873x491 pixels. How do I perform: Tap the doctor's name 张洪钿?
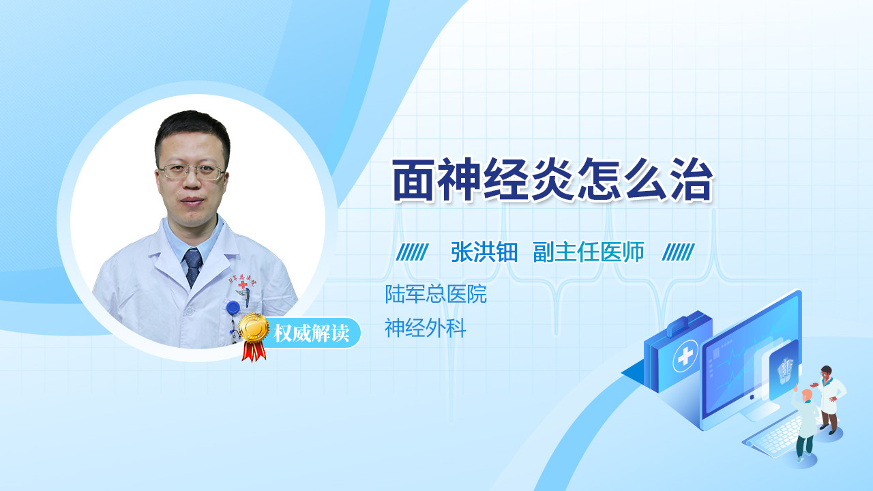coord(484,252)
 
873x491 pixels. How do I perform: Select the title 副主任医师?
coord(589,252)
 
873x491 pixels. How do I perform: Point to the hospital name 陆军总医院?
coord(436,294)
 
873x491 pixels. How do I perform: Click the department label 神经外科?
coord(425,328)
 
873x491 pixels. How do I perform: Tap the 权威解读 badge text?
coord(311,333)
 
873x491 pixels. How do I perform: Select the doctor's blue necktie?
coord(193,267)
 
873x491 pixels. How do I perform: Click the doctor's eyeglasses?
coord(192,171)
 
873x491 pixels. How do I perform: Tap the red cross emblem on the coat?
coord(243,284)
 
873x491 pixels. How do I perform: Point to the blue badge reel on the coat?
coord(233,308)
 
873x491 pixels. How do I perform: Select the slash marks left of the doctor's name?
coord(412,252)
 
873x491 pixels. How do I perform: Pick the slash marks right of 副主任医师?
coord(678,252)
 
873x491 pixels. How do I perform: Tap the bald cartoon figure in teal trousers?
coord(805,426)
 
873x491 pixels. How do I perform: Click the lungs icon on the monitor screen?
coord(784,370)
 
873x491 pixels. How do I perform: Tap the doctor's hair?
coord(193,130)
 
